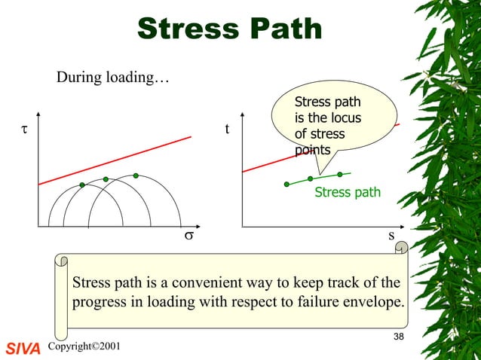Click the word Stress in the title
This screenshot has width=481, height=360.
point(186,29)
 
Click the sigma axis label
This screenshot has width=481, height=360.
point(189,236)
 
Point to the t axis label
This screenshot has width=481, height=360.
point(228,130)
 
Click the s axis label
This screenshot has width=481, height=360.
point(391,236)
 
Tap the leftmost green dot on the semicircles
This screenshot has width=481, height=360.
point(82,185)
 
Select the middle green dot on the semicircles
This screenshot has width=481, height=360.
point(106,179)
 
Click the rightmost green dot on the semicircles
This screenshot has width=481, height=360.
point(136,175)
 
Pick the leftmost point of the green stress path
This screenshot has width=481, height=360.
point(286,184)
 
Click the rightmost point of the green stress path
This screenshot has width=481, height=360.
point(340,174)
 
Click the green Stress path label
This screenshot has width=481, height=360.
point(348,193)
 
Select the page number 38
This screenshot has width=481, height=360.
point(399,335)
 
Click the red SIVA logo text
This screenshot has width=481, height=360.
point(22,348)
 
